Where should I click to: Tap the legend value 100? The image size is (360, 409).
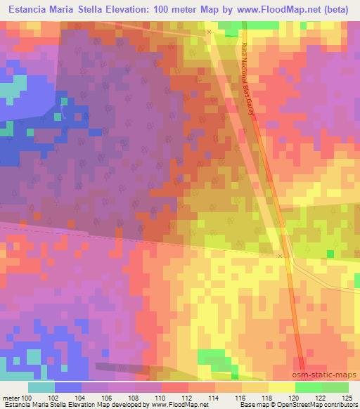(29, 398)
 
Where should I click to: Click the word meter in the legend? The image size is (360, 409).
(11, 398)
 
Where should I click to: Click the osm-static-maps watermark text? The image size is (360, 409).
(326, 377)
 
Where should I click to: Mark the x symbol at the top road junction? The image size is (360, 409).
(209, 32)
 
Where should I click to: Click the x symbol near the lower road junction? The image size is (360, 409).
(280, 257)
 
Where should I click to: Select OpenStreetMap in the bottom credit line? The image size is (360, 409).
(297, 405)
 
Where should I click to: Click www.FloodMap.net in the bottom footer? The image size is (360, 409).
(179, 405)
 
